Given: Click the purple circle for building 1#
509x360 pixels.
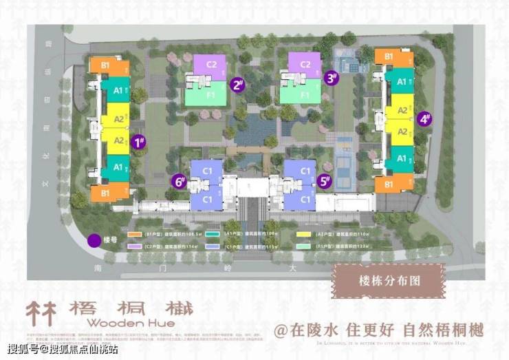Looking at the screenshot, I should tap(138, 143).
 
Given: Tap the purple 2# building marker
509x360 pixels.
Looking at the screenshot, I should tap(239, 85).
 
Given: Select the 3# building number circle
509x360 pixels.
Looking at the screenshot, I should tap(332, 78).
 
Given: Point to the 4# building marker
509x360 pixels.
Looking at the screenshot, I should tap(424, 119).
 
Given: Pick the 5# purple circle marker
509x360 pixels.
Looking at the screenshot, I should tap(325, 182).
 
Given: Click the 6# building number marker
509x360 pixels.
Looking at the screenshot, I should tap(180, 182).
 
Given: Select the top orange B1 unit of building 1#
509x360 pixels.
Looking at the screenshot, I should tap(109, 66).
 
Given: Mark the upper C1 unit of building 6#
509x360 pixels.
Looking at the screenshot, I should tap(208, 169).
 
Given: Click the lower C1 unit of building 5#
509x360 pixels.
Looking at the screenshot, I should tap(300, 198).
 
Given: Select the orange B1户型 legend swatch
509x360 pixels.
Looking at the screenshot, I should tap(134, 233).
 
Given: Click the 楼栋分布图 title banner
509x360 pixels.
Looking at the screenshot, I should tap(389, 280).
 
